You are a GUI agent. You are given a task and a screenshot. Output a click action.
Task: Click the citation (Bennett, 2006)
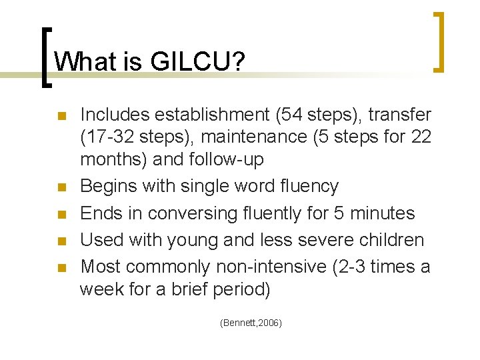(x=251, y=323)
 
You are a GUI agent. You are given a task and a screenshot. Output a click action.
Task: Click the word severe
(x=329, y=241)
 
